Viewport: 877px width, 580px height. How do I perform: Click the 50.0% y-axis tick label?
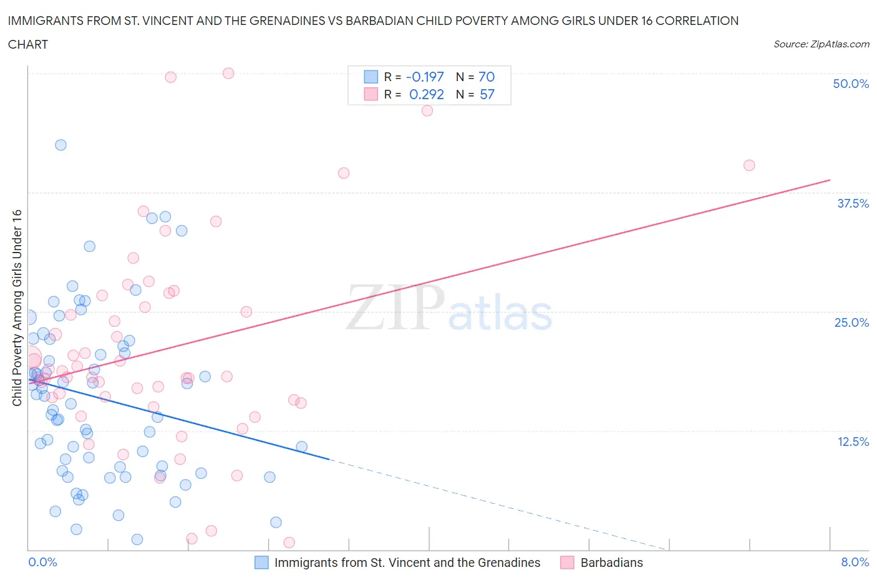tap(851, 84)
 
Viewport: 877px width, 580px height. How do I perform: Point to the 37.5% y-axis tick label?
tap(853, 203)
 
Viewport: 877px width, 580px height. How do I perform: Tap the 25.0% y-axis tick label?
tap(851, 322)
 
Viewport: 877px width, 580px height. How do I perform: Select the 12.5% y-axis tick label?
tap(853, 442)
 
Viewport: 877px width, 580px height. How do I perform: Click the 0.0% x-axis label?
tap(42, 562)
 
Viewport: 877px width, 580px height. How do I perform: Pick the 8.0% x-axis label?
tap(855, 562)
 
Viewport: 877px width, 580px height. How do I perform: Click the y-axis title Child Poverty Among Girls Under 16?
tap(17, 307)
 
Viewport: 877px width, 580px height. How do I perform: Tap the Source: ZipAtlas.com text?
tap(821, 44)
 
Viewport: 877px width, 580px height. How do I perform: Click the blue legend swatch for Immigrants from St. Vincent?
tap(261, 563)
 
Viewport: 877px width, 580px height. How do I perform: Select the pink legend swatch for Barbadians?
tap(567, 563)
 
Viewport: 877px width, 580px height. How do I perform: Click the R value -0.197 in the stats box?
tap(425, 77)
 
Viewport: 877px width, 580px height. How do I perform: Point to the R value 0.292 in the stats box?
tap(427, 94)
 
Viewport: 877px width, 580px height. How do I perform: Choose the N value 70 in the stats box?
tap(487, 77)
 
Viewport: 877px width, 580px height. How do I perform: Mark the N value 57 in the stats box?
tap(487, 94)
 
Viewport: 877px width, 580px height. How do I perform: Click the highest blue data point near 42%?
tap(61, 145)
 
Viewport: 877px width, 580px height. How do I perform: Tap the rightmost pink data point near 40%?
tap(749, 165)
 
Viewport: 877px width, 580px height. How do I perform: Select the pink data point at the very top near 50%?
tap(228, 73)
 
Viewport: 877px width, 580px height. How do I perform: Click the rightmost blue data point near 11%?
tap(302, 447)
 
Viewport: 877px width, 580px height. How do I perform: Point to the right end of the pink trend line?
tap(830, 180)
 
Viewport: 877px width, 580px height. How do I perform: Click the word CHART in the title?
tap(28, 44)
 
